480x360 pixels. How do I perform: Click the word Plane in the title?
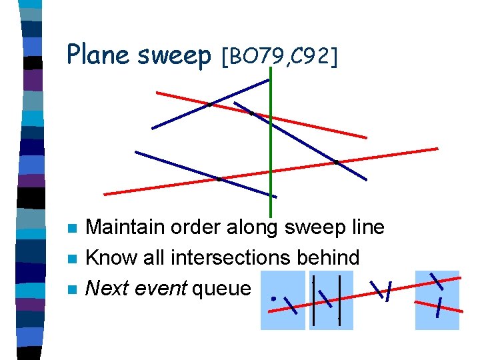99,55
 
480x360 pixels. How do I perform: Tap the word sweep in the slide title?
175,56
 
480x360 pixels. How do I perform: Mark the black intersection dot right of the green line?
337,161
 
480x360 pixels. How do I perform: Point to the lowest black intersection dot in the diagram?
220,179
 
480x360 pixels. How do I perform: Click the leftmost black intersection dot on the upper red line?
210,104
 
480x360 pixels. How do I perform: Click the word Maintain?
125,227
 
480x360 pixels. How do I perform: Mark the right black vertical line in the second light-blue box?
340,299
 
